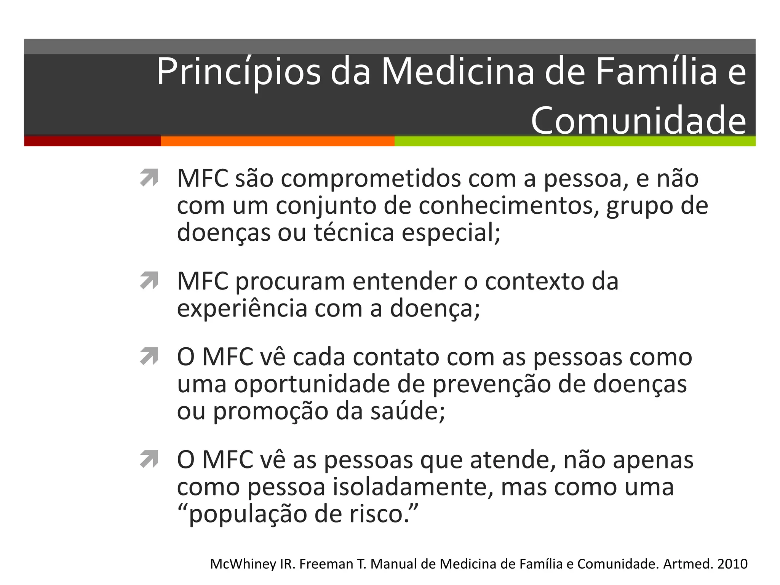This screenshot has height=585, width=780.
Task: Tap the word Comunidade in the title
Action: click(x=638, y=121)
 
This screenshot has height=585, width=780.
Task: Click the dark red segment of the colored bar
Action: click(x=92, y=141)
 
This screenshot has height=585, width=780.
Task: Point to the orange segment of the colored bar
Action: click(x=277, y=141)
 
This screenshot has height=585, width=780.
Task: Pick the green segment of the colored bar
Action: click(x=575, y=141)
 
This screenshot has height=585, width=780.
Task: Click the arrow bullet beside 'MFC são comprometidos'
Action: click(x=149, y=178)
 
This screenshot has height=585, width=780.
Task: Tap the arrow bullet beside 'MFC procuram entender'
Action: click(x=149, y=281)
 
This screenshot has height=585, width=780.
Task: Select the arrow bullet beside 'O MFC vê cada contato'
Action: click(x=149, y=356)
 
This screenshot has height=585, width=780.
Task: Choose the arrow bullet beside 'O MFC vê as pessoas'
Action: click(x=149, y=459)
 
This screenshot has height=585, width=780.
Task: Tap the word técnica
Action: click(x=354, y=232)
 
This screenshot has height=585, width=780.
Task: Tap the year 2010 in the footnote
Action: click(x=732, y=564)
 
